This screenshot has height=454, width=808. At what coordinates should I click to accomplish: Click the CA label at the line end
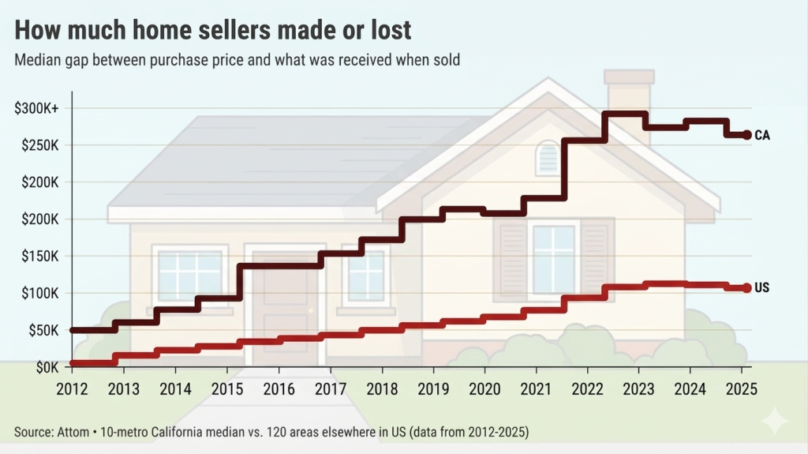point(761,135)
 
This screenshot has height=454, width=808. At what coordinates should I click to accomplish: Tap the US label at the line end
point(761,288)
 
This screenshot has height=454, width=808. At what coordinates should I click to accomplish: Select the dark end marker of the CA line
point(747,135)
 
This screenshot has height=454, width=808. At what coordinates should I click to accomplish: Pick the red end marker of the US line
point(747,288)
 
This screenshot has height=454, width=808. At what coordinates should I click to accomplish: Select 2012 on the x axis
point(72,388)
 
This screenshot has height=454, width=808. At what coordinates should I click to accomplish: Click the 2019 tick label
point(432,388)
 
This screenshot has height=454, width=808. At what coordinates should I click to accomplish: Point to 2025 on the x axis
point(742,388)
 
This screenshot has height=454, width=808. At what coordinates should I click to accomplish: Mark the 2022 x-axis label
point(587,388)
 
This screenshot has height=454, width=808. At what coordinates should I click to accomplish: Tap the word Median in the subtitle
point(37,59)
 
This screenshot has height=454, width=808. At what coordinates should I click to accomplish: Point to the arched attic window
point(547,158)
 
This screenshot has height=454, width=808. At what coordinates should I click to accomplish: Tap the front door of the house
point(284,316)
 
